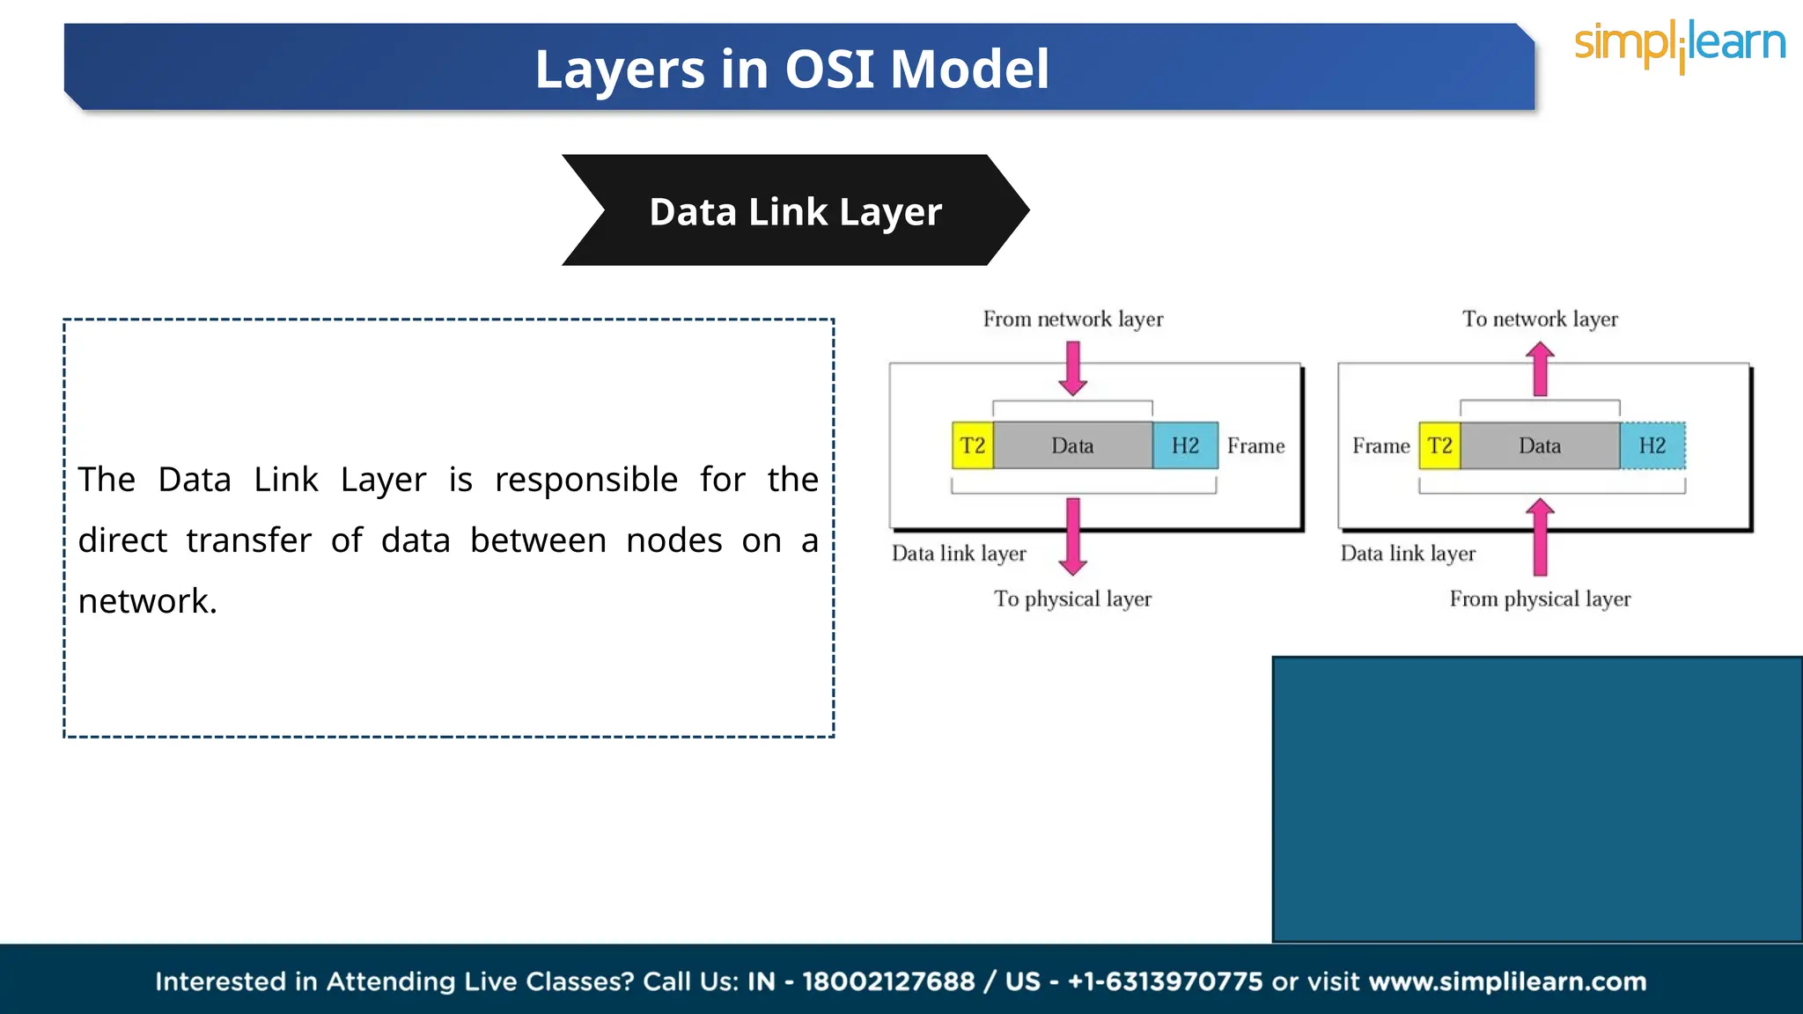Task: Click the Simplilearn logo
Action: [1679, 46]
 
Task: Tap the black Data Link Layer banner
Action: [795, 211]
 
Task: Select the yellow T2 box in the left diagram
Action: [973, 445]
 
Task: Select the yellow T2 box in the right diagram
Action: [1439, 445]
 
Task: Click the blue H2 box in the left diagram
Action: [1185, 445]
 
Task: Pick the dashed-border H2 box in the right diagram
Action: [1652, 445]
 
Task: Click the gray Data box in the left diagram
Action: [1072, 445]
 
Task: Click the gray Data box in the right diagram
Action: [1540, 445]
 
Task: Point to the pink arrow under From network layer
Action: [1072, 368]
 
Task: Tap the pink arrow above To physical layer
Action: [1072, 535]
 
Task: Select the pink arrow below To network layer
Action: [1540, 370]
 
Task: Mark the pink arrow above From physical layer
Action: [1540, 537]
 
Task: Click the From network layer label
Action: [1072, 319]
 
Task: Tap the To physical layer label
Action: [1072, 599]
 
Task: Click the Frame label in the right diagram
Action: [1380, 445]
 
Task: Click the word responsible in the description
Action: [585, 480]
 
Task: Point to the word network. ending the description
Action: [147, 601]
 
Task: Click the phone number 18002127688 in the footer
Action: [887, 981]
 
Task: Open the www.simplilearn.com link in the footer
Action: [1507, 981]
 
